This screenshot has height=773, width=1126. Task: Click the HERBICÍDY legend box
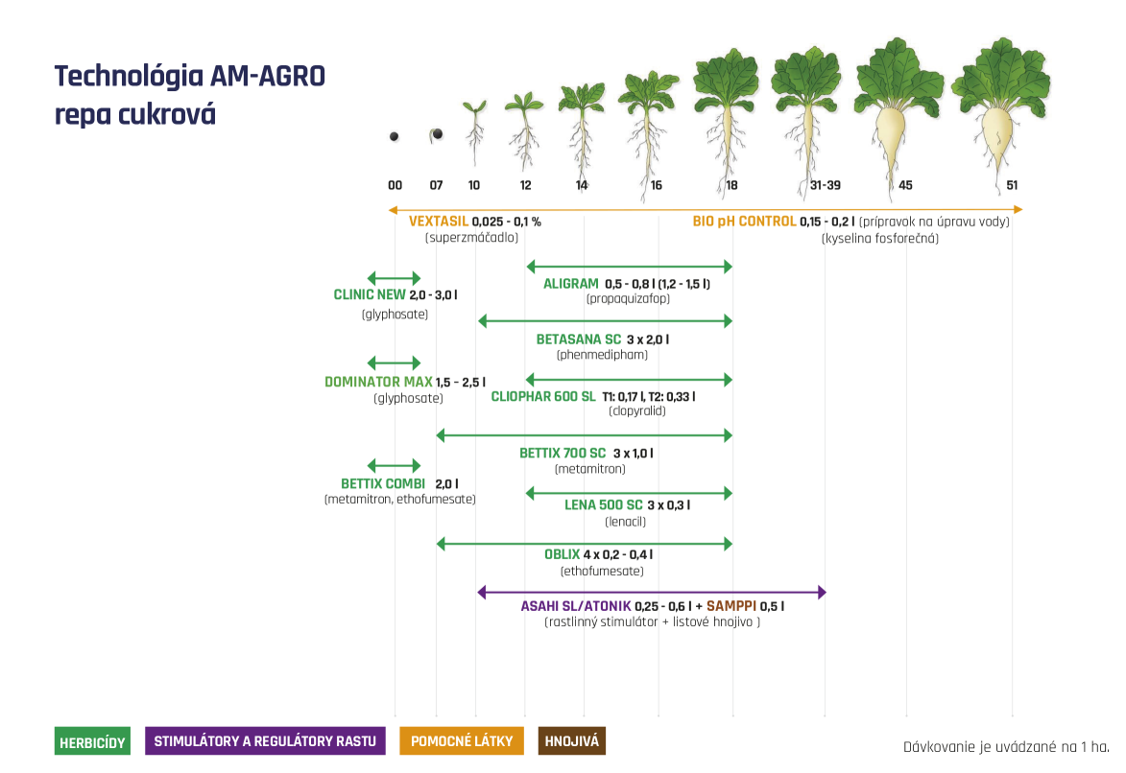[x=92, y=742]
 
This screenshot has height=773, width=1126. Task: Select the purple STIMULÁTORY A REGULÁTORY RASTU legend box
[x=265, y=741]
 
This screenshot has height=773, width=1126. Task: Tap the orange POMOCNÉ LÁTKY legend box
[x=461, y=741]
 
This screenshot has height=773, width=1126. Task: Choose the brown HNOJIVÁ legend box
[x=571, y=741]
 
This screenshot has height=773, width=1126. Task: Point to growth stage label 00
[x=395, y=185]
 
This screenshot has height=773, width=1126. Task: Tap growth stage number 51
[x=1012, y=185]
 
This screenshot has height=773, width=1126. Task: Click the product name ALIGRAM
[x=570, y=284]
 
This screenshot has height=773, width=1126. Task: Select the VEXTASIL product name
[x=439, y=222]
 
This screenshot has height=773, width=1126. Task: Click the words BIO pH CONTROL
[x=744, y=222]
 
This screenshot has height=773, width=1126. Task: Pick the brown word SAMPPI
[x=731, y=606]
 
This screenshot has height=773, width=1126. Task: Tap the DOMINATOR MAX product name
[x=378, y=382]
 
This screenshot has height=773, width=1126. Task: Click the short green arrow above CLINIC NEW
[x=394, y=277]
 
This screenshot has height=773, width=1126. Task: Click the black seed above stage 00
[x=394, y=137]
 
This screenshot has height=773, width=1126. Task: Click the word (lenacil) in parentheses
[x=625, y=522]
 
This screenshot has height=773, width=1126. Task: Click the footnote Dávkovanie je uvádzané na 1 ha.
[x=1005, y=746]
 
